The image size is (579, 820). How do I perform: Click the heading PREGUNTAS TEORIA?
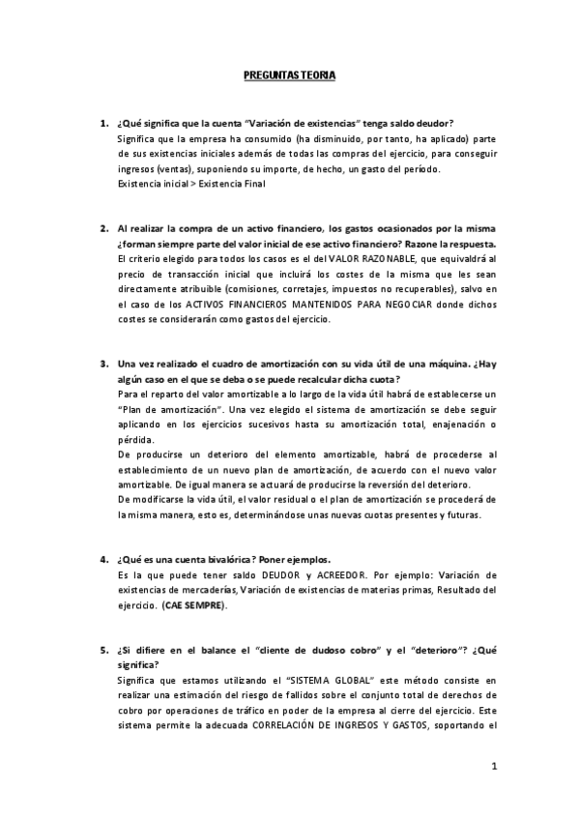[x=289, y=74]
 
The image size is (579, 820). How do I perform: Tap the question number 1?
[x=103, y=124]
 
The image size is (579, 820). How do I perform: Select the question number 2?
[x=103, y=228]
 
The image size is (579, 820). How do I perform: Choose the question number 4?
[x=103, y=559]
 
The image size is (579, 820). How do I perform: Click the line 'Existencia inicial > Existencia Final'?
[x=177, y=184]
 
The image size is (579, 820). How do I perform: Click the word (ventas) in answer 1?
[x=175, y=169]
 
